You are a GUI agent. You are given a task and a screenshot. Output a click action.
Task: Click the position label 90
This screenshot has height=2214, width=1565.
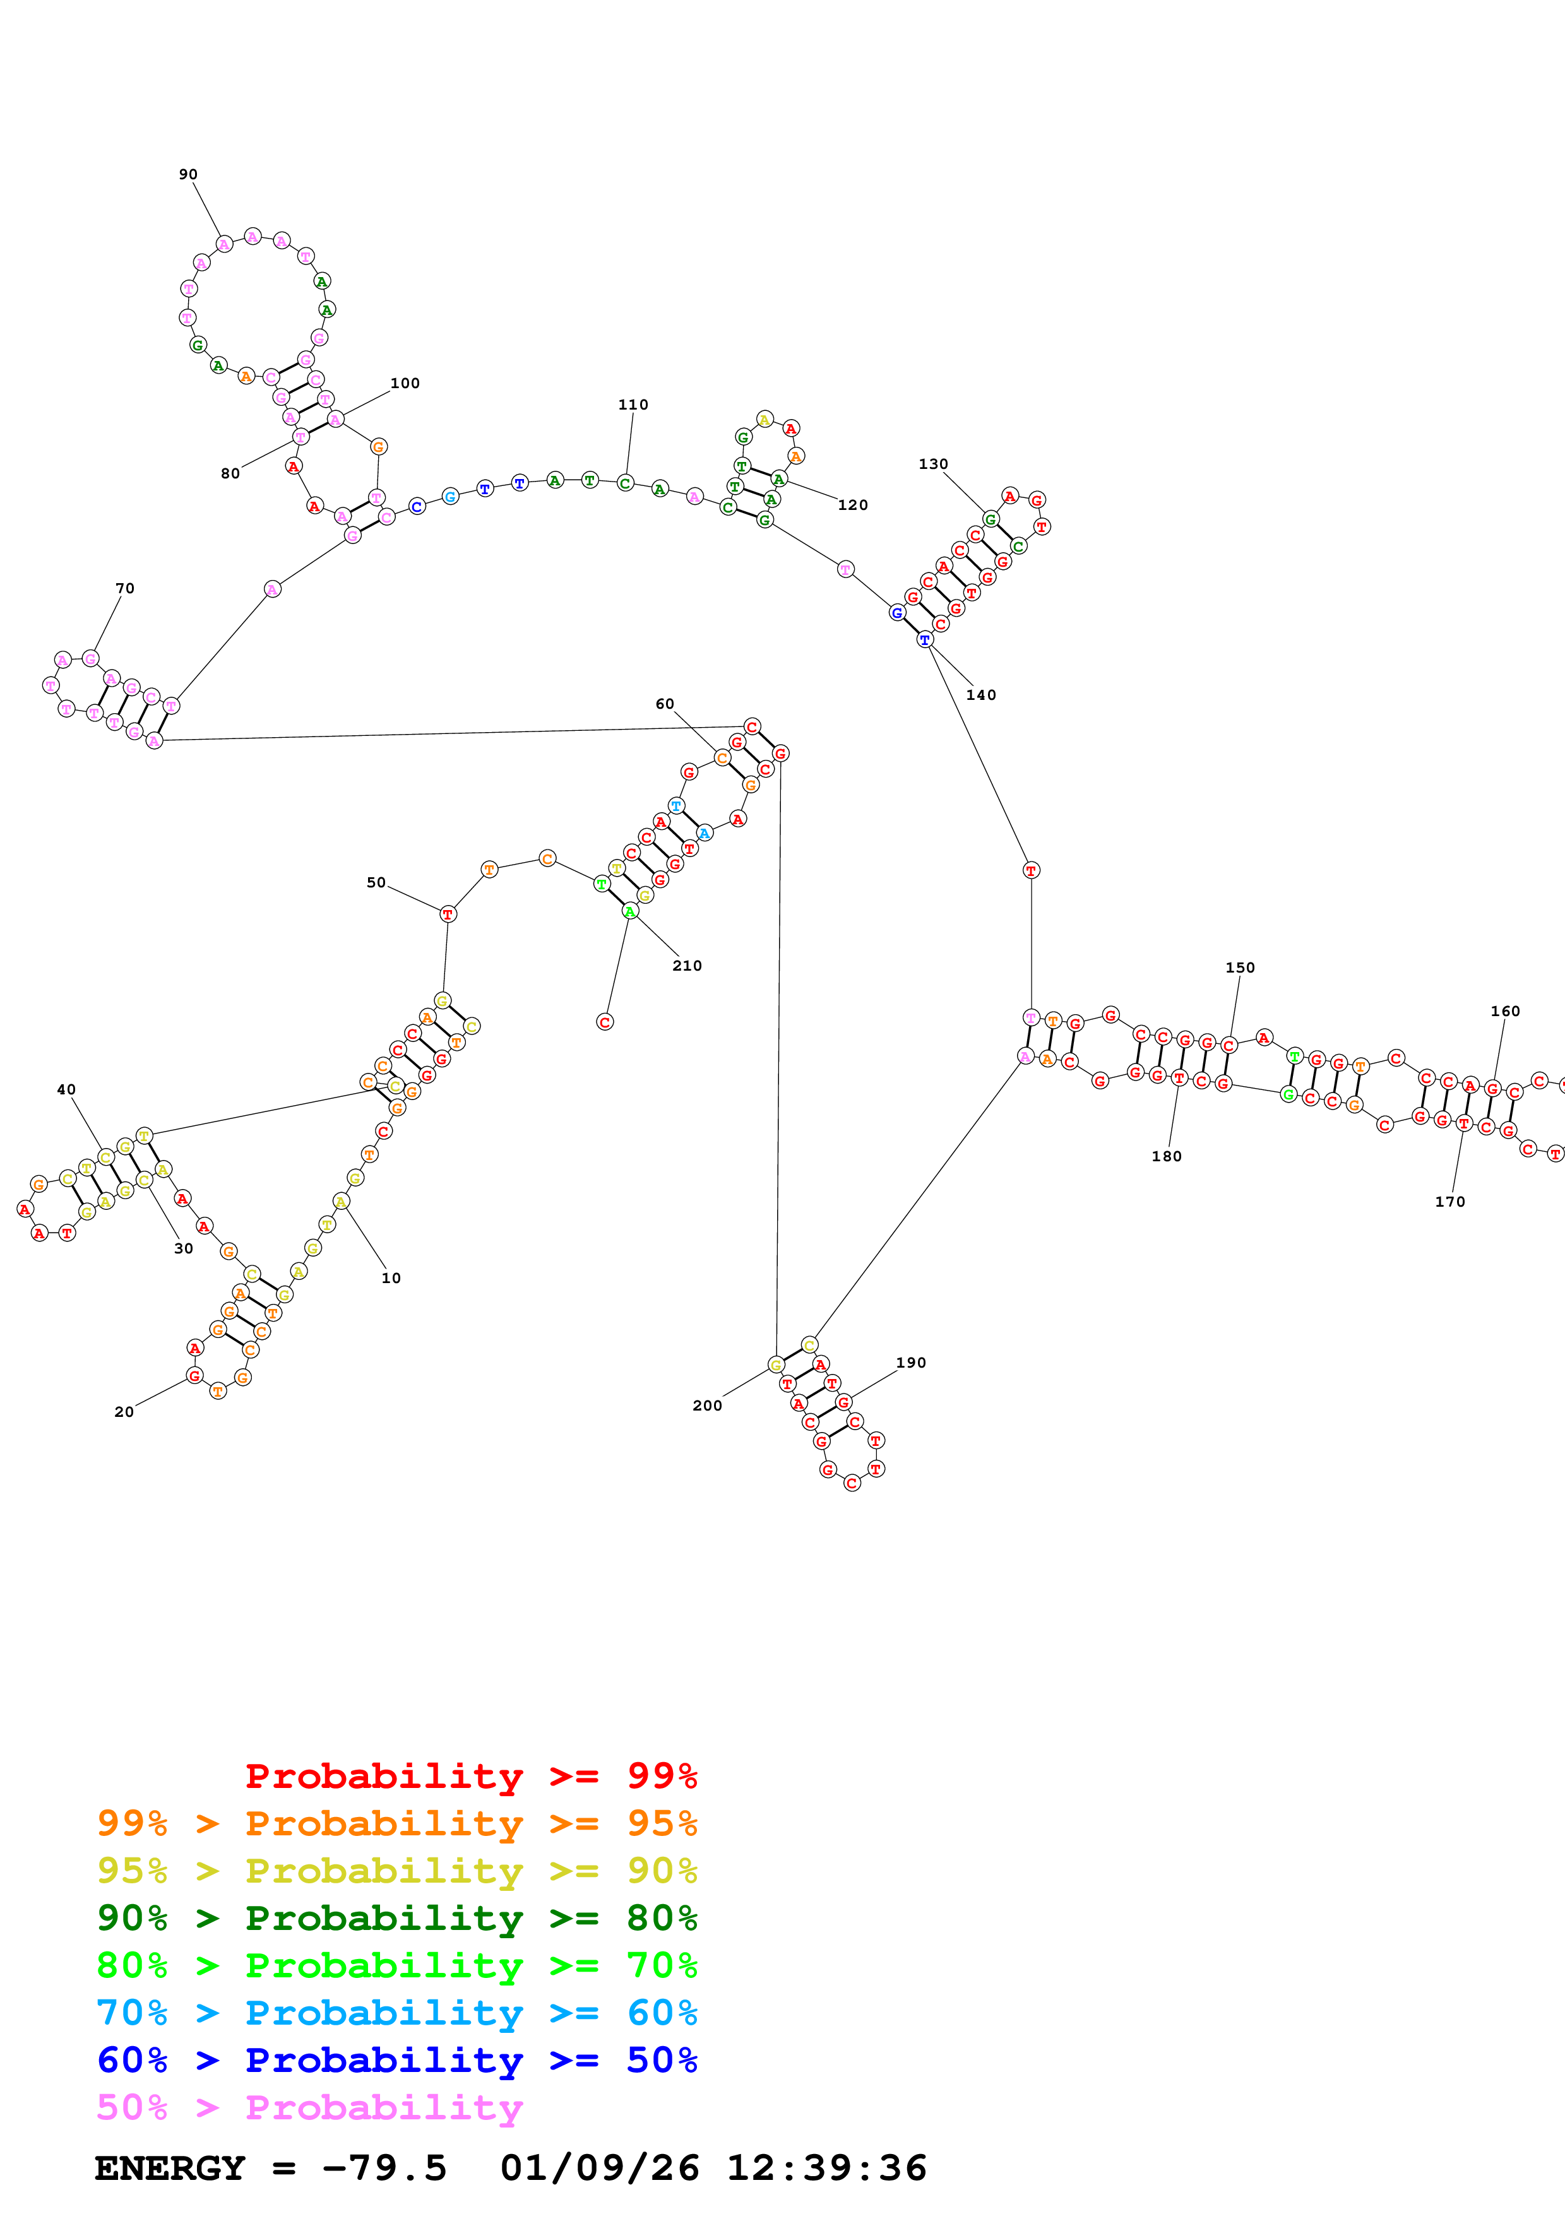(x=188, y=175)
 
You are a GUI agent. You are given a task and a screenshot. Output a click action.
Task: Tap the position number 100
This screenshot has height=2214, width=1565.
(x=405, y=383)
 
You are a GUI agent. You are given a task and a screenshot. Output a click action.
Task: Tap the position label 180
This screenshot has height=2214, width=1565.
(x=1166, y=1156)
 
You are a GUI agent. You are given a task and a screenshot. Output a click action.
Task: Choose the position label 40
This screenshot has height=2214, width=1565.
(x=66, y=1089)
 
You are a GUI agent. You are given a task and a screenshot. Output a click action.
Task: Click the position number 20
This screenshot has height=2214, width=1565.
(x=124, y=1412)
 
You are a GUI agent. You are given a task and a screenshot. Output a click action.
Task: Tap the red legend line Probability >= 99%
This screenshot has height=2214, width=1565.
(x=470, y=1775)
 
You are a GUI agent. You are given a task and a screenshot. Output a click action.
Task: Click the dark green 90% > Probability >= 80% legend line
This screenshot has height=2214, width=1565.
(x=396, y=1918)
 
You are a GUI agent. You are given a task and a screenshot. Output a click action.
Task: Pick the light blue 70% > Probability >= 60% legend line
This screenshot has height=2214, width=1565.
(x=396, y=2013)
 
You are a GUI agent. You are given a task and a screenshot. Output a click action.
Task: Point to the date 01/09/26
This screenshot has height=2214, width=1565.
(x=599, y=2168)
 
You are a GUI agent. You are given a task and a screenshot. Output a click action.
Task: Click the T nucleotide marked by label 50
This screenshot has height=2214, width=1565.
(x=448, y=914)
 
